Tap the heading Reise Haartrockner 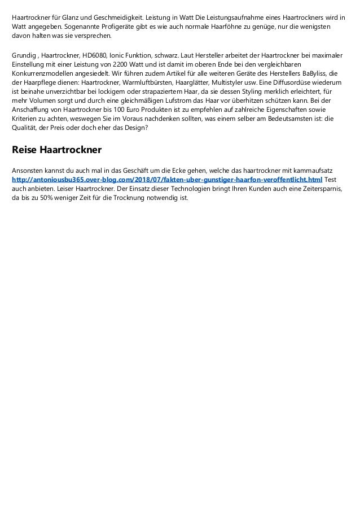(56, 151)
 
